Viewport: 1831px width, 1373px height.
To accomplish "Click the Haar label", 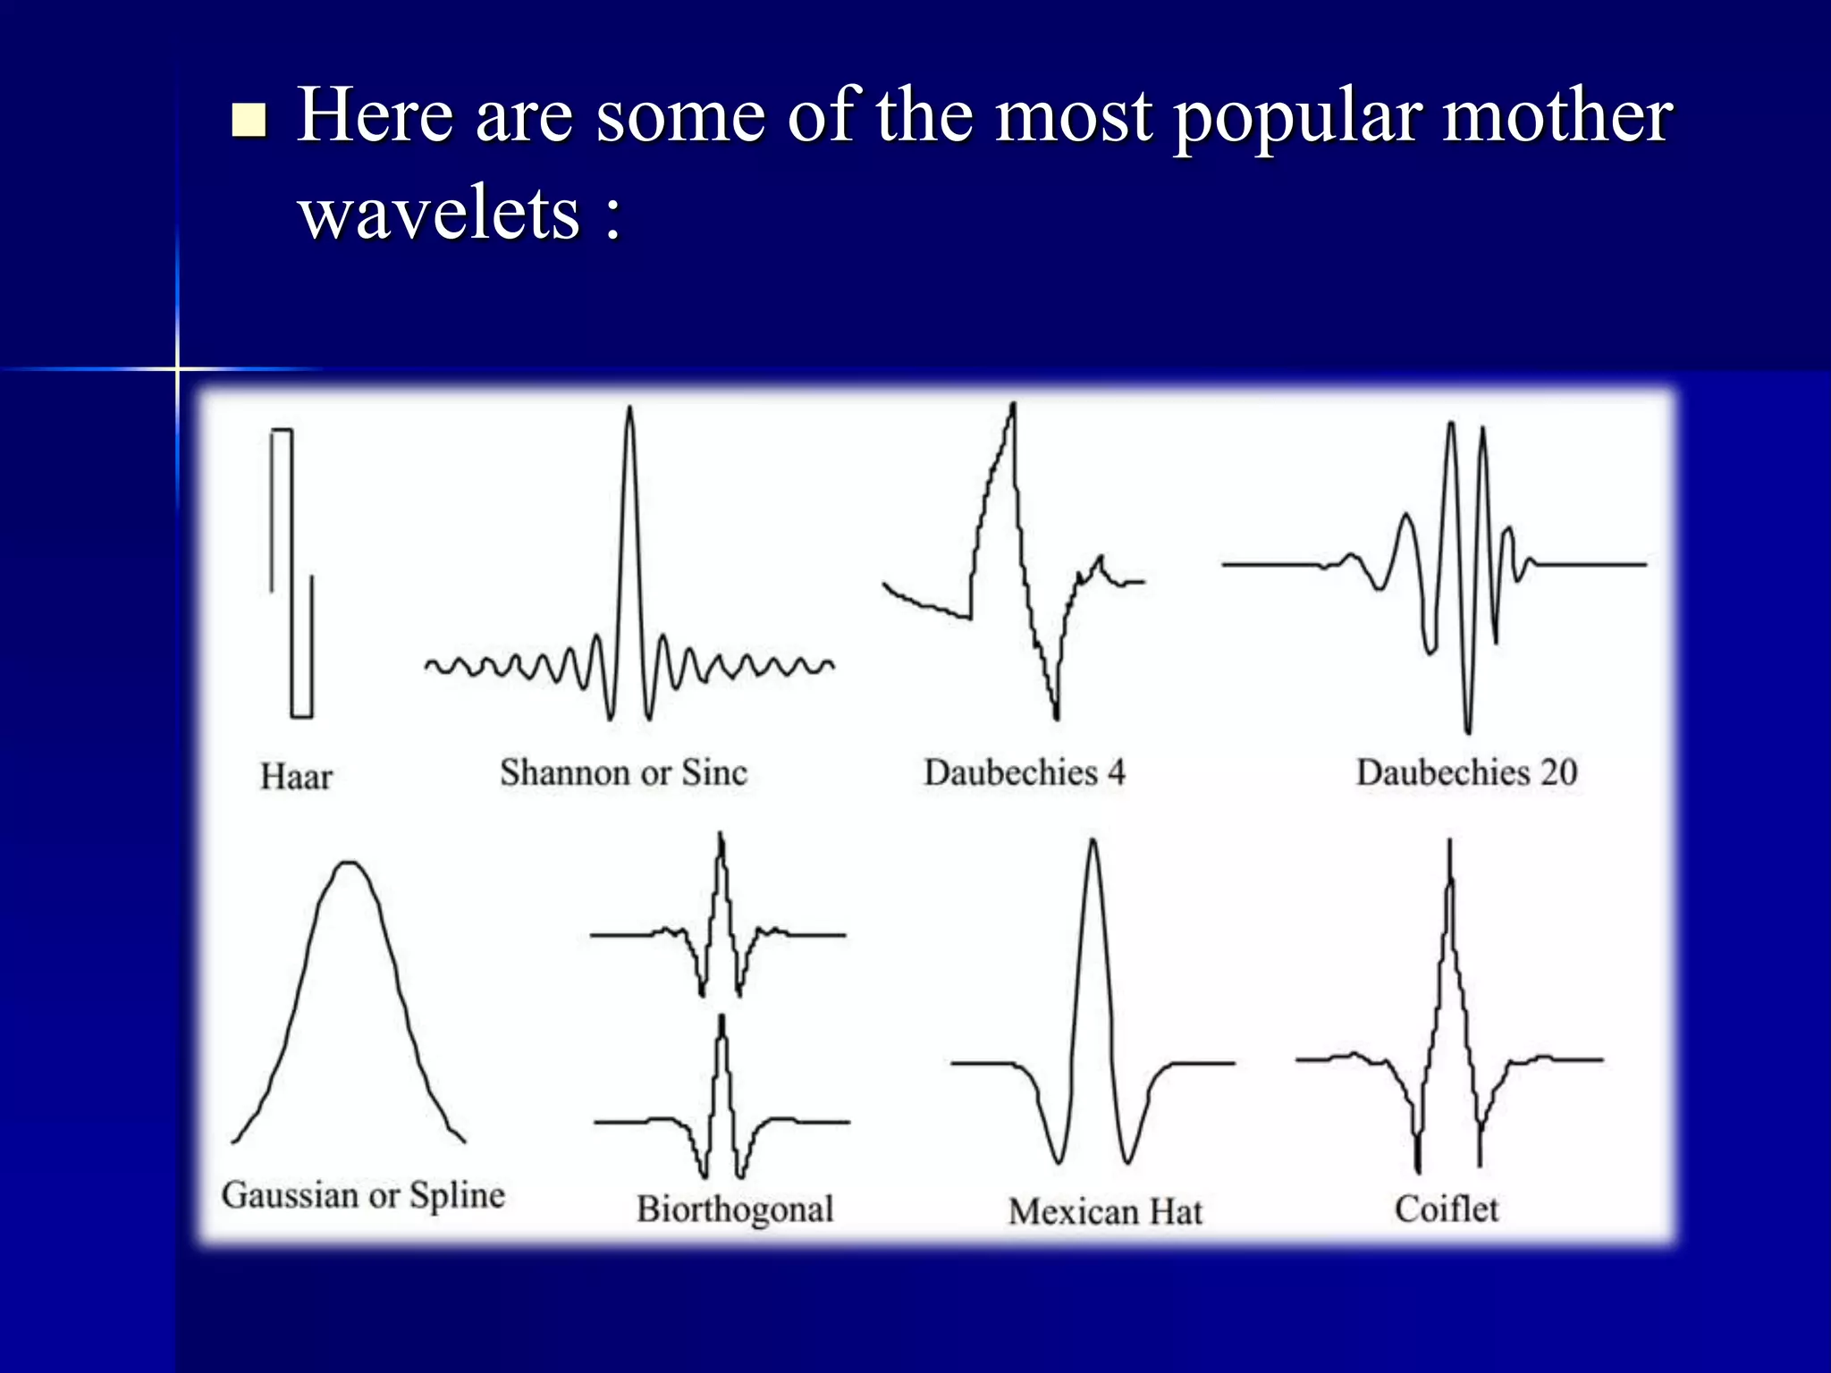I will tap(296, 777).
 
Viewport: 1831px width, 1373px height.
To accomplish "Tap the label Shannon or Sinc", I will tap(623, 773).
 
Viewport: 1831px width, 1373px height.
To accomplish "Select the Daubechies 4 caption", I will tap(1024, 773).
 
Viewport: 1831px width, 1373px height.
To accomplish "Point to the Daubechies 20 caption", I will tap(1466, 773).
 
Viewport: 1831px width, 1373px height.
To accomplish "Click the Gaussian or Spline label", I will tap(363, 1196).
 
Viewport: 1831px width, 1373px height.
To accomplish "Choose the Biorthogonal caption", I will tap(735, 1209).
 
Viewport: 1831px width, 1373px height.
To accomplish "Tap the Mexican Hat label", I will tap(1105, 1212).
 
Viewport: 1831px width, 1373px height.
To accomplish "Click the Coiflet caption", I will tap(1446, 1209).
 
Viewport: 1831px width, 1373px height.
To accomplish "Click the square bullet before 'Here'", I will tap(249, 120).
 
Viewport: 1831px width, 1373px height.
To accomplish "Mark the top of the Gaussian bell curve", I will tap(348, 863).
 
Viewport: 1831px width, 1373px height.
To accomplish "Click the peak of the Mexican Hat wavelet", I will tap(1093, 842).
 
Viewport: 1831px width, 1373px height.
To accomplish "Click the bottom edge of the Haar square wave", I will tap(301, 716).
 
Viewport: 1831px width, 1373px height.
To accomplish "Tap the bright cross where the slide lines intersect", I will tap(177, 368).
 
